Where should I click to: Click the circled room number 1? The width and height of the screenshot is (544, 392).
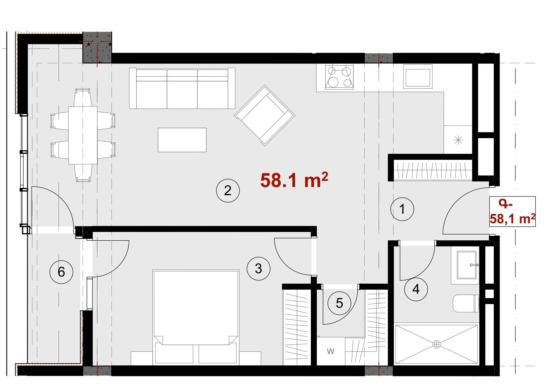[x=402, y=209]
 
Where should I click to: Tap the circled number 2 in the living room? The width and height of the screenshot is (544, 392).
[x=228, y=191]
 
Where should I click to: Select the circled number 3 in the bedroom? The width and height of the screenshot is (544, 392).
[x=258, y=269]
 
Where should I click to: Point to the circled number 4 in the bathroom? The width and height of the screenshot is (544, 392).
[x=416, y=289]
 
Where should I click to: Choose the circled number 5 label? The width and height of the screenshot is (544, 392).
[x=339, y=303]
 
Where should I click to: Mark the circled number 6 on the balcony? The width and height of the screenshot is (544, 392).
[x=61, y=272]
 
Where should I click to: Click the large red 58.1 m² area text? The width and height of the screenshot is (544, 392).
[x=294, y=180]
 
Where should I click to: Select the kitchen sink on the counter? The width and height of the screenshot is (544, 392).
[x=418, y=76]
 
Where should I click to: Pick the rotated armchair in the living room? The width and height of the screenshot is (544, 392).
[x=265, y=115]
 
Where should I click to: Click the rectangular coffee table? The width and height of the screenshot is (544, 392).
[x=182, y=140]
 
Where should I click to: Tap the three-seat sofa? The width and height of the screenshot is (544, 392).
[x=182, y=88]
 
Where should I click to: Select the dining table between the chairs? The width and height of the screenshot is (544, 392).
[x=83, y=135]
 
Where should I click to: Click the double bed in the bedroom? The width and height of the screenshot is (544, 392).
[x=196, y=317]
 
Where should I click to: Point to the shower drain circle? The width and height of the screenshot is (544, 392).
[x=436, y=344]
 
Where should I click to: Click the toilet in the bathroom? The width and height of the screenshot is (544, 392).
[x=466, y=303]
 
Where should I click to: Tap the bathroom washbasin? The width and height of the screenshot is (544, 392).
[x=466, y=265]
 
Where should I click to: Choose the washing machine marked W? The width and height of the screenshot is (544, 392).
[x=331, y=351]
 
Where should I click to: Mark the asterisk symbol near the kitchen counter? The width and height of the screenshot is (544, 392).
[x=458, y=140]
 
